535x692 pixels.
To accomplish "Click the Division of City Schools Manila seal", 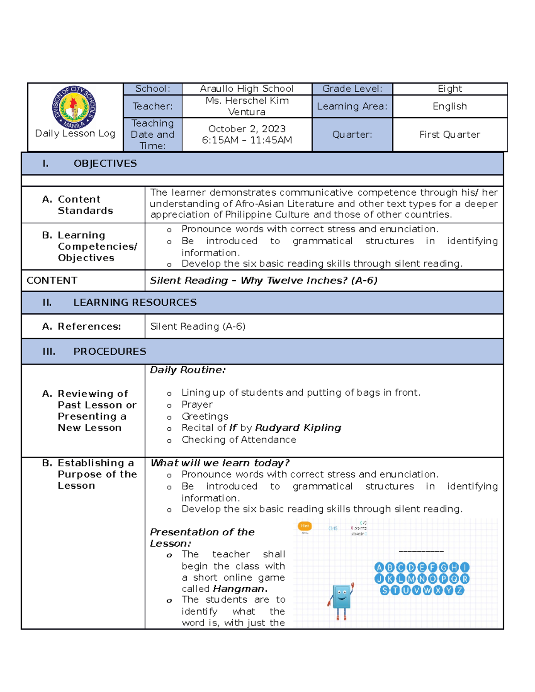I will pyautogui.click(x=74, y=107).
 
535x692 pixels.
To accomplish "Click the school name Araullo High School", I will pyautogui.click(x=247, y=89).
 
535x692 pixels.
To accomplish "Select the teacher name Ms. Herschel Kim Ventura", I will pyautogui.click(x=247, y=106).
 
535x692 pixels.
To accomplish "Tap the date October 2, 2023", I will pyautogui.click(x=247, y=129).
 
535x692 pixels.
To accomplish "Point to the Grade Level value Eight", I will pyautogui.click(x=449, y=89).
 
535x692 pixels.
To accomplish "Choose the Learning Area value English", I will pyautogui.click(x=449, y=106).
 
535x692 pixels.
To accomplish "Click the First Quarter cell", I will pyautogui.click(x=449, y=135).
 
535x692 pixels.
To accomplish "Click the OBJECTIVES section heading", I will pyautogui.click(x=105, y=164).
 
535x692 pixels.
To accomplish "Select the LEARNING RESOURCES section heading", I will pyautogui.click(x=135, y=303).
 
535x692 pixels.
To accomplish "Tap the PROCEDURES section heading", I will pyautogui.click(x=110, y=352).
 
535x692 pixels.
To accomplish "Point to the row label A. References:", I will pyautogui.click(x=82, y=327).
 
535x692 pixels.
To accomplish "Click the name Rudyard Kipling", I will pyautogui.click(x=298, y=428).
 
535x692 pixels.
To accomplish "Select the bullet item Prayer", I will pyautogui.click(x=197, y=405).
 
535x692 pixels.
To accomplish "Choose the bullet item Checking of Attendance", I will pyautogui.click(x=239, y=440).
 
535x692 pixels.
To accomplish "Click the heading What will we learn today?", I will pyautogui.click(x=220, y=463).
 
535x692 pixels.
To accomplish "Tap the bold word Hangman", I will pyautogui.click(x=240, y=589).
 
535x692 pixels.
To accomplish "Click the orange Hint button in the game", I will pyautogui.click(x=305, y=526).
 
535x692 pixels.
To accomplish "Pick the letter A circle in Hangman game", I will pyautogui.click(x=379, y=567).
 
